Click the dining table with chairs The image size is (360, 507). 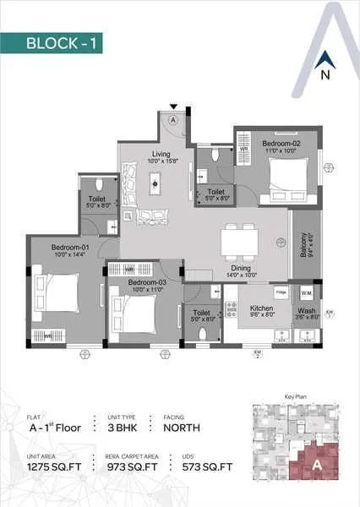point(239,243)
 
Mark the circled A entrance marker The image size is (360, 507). point(173,120)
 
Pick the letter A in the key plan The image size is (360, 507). point(315,463)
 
